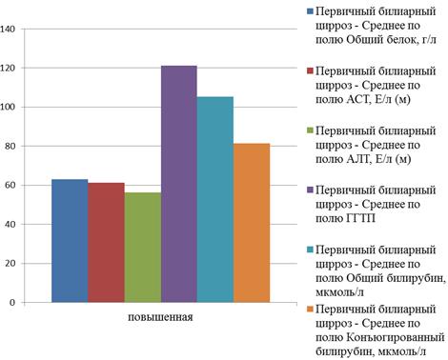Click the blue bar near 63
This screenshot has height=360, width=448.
70,241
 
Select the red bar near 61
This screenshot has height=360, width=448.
106,243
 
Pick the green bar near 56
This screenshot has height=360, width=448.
143,248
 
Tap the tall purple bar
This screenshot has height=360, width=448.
179,184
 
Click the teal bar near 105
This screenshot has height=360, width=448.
215,199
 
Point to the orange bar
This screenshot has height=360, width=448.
252,223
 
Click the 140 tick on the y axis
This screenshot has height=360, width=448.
8,30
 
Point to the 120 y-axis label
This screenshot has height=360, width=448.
8,69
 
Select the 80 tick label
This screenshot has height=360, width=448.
10,147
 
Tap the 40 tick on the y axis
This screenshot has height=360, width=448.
10,225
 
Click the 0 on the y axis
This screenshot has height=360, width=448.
12,303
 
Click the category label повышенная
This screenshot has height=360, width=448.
160,317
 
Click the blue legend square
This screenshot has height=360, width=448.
310,11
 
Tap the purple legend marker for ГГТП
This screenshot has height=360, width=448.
310,190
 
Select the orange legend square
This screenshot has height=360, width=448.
310,309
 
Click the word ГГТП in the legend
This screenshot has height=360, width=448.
360,218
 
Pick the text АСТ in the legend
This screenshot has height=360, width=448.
357,99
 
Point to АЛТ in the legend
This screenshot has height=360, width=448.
358,159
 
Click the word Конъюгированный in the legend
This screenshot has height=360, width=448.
395,337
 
